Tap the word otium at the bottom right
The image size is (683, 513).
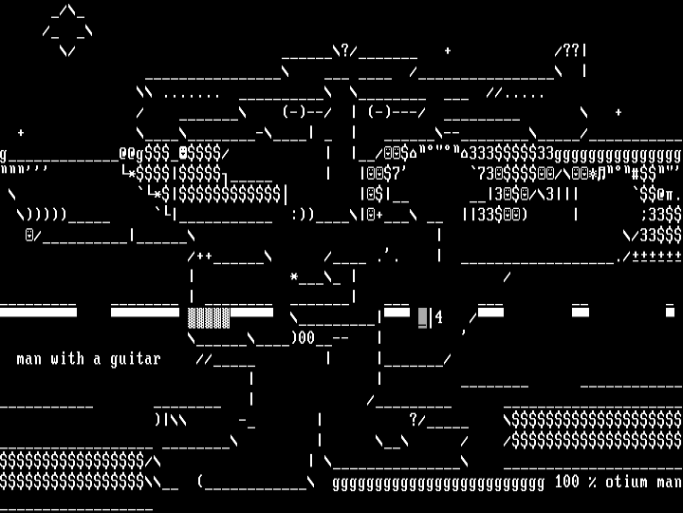point(626,482)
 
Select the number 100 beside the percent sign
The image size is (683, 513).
point(566,482)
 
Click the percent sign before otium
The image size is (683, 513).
point(592,482)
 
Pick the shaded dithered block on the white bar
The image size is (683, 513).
point(209,317)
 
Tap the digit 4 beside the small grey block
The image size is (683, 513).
point(439,317)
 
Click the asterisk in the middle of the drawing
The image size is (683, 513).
point(294,277)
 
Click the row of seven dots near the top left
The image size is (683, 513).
point(192,94)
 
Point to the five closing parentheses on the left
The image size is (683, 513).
point(43,215)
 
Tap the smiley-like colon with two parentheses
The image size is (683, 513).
point(303,215)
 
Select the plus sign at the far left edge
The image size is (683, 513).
point(21,133)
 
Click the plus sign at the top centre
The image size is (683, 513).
point(448,50)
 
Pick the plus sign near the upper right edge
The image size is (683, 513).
point(618,112)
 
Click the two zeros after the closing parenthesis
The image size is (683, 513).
point(307,337)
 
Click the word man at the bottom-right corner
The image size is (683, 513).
point(669,482)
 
